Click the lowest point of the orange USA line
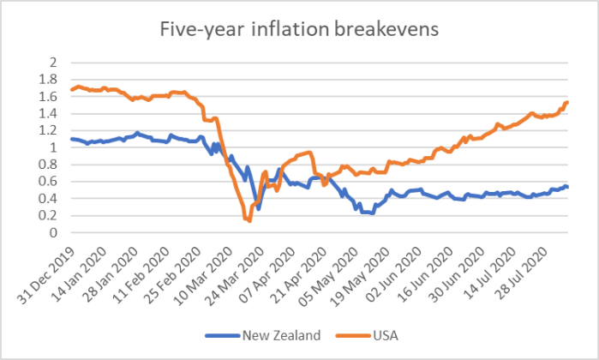[249, 221]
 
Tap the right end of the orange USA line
[568, 103]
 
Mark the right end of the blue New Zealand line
[568, 187]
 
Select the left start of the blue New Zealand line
[71, 139]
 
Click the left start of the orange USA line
[71, 90]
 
